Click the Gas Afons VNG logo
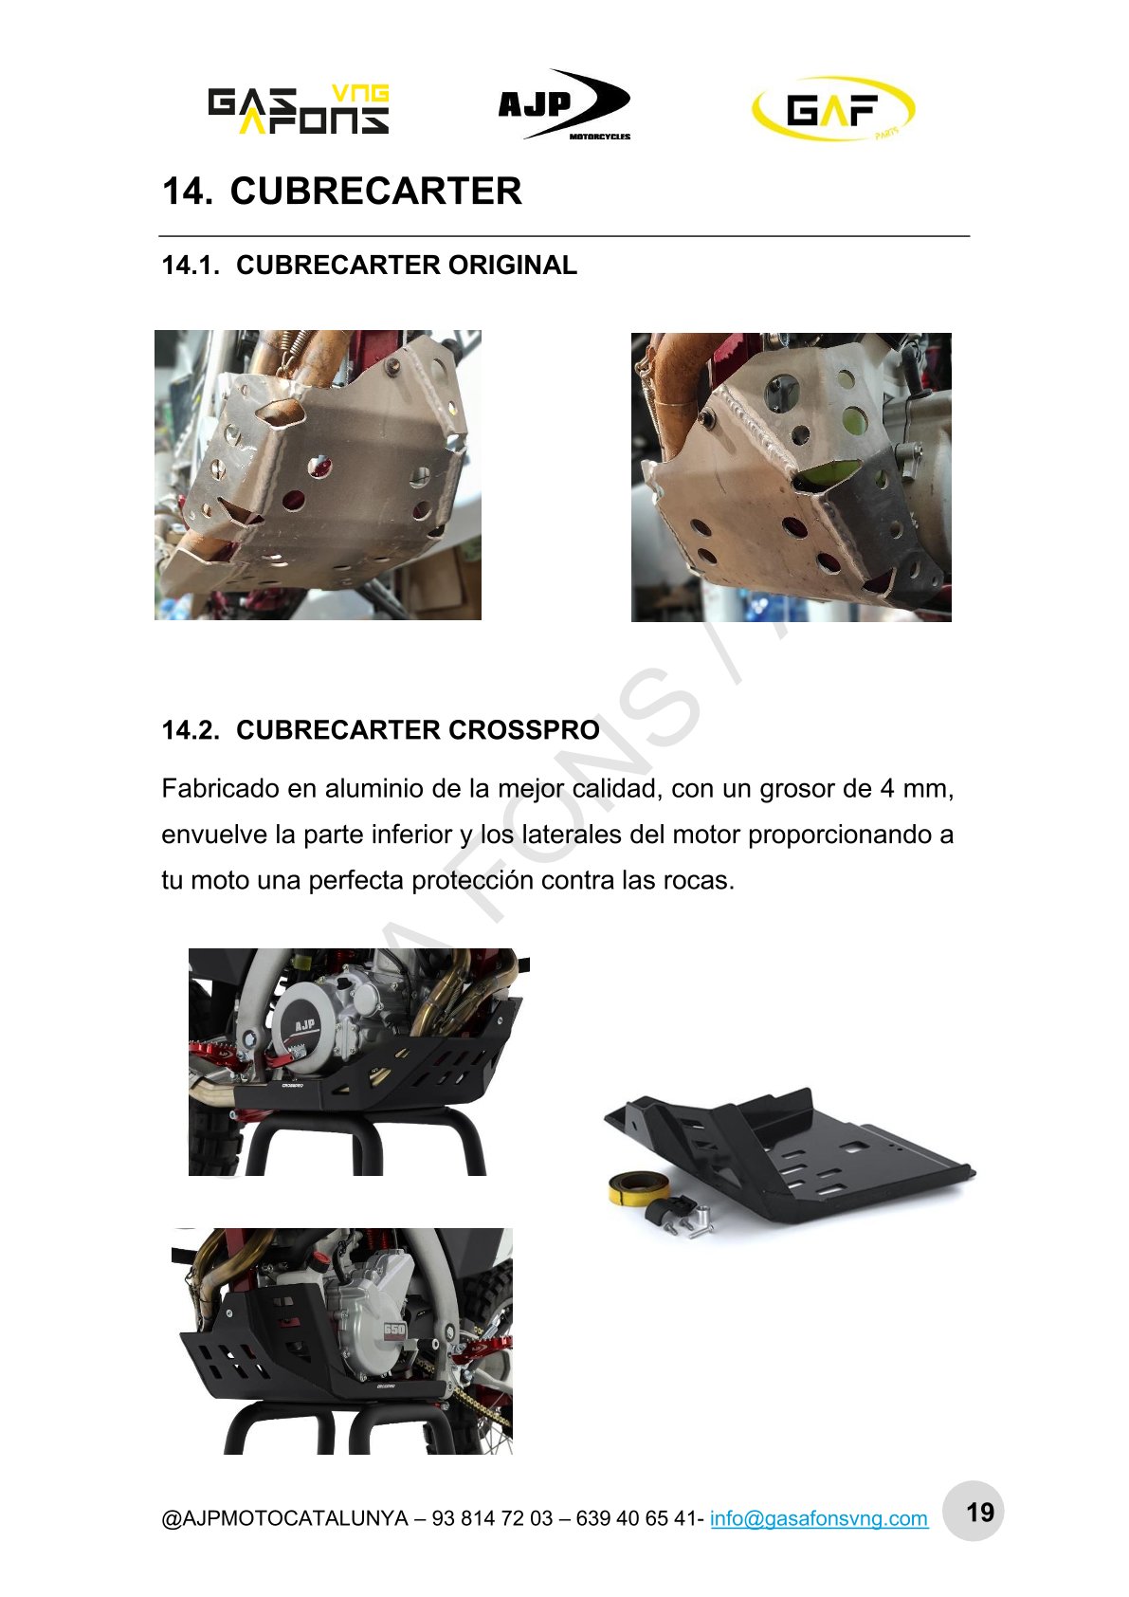point(298,110)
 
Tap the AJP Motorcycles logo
point(564,105)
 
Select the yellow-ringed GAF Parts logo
point(833,108)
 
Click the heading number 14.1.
point(191,266)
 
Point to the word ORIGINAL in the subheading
point(513,266)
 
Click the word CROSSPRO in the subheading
point(524,730)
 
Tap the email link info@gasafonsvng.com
point(819,1518)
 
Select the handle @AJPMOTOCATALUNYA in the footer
point(285,1518)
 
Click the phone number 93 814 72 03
point(492,1518)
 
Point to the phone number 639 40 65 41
point(636,1518)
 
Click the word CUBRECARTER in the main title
point(375,191)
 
